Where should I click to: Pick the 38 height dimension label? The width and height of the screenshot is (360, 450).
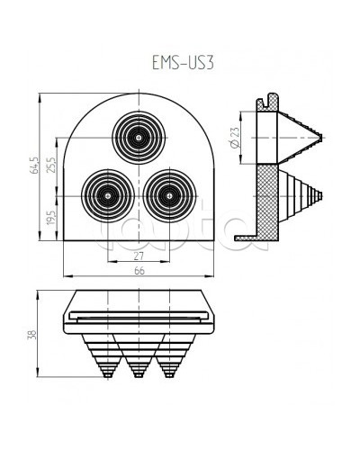tap(33, 334)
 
